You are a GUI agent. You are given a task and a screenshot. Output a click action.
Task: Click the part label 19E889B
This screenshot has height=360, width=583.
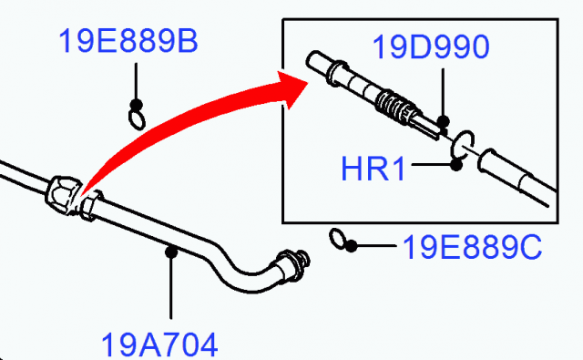pos(128,42)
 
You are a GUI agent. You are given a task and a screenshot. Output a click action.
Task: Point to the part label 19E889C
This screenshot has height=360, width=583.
pos(471,245)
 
